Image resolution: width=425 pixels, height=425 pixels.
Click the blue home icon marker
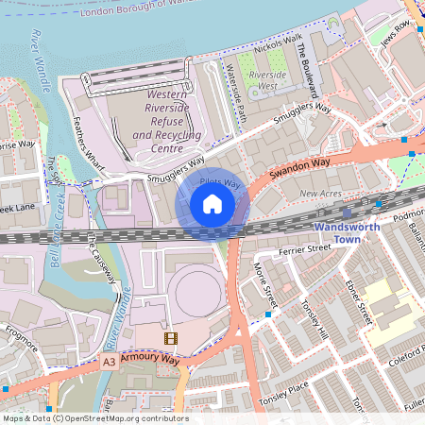point(212,203)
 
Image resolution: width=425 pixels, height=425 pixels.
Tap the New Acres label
point(320,194)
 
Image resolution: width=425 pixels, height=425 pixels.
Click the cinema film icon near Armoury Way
point(170,337)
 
